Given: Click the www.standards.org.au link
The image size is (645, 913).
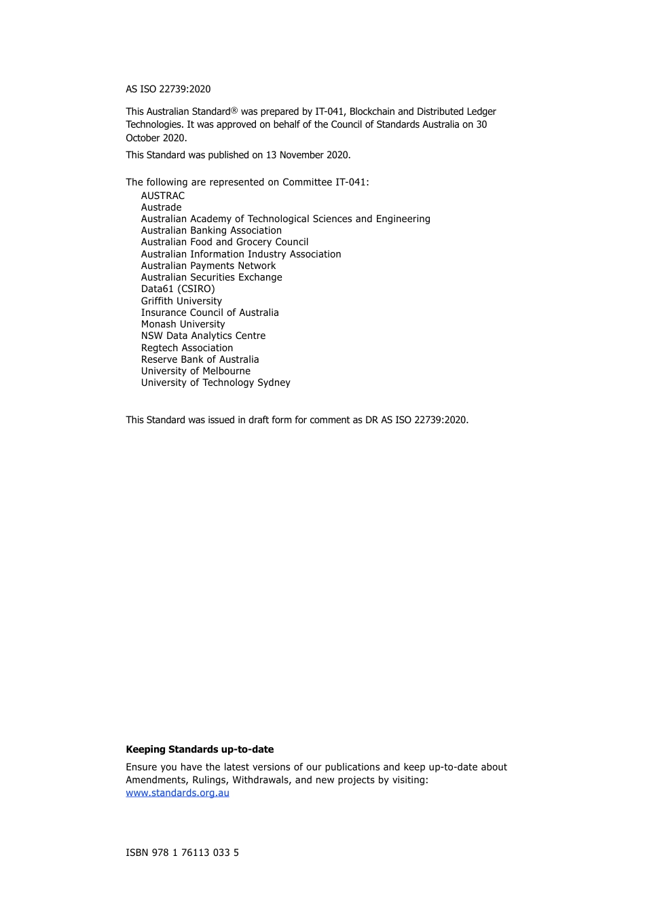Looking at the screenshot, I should [177, 793].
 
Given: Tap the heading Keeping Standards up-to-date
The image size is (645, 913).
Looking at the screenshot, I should [200, 749].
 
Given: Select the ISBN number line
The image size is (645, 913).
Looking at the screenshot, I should [182, 853].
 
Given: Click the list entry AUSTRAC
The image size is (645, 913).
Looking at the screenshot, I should [163, 196].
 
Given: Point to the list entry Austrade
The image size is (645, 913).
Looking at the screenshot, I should [162, 207].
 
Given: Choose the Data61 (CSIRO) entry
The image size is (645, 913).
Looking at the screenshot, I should [178, 289].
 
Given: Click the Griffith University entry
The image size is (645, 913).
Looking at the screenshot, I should [181, 301].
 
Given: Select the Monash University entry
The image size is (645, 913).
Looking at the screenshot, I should [183, 324].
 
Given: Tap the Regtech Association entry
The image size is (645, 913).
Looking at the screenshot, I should [187, 348].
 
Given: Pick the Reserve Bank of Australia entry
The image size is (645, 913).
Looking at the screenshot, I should [200, 359].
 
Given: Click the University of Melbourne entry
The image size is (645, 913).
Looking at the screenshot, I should [196, 371].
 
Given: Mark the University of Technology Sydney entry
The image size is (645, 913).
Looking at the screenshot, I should [215, 382].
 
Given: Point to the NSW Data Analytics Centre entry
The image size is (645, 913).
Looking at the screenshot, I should [203, 336].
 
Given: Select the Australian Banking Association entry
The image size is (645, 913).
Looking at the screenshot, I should [211, 230].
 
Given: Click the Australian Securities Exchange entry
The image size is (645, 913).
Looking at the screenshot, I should [211, 277].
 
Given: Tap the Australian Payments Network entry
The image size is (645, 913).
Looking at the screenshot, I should [208, 266].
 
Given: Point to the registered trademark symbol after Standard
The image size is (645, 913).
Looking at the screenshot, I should [234, 110].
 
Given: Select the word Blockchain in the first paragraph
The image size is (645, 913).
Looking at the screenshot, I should [372, 111].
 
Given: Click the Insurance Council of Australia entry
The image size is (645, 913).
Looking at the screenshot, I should [210, 312].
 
